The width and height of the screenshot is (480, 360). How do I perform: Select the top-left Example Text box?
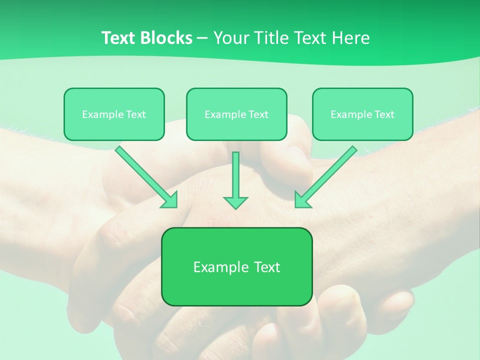[114, 114]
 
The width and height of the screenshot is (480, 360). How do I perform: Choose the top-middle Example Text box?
[236, 114]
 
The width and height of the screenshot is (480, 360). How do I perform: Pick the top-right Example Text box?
[362, 114]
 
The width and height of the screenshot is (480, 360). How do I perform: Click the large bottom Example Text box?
[236, 266]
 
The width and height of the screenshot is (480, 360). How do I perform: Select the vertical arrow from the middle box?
[235, 175]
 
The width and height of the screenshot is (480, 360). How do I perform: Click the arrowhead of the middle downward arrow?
[235, 202]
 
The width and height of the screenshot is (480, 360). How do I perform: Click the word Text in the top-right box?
[384, 114]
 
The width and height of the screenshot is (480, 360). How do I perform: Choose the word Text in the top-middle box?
[258, 114]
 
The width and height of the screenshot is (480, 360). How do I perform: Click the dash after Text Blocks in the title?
[202, 38]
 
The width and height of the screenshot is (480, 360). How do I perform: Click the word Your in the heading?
[231, 38]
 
